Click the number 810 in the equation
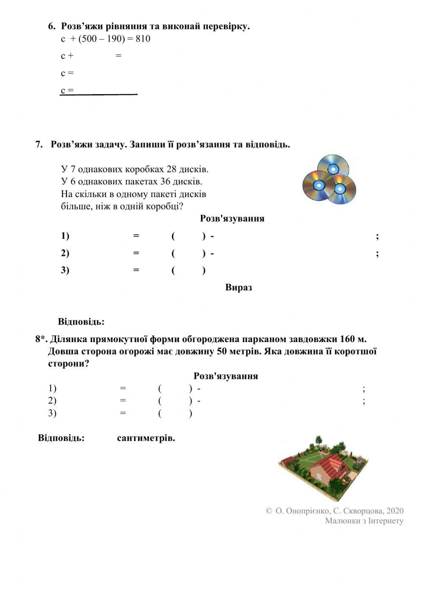pos(143,39)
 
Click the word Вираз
pos(239,287)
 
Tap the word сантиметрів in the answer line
pos(146,438)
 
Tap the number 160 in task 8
pos(348,339)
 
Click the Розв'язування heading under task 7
pos(232,219)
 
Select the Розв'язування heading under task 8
pos(226,376)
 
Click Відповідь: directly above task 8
pos(81,321)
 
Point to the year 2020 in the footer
pos(395,511)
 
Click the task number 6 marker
pos(52,26)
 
